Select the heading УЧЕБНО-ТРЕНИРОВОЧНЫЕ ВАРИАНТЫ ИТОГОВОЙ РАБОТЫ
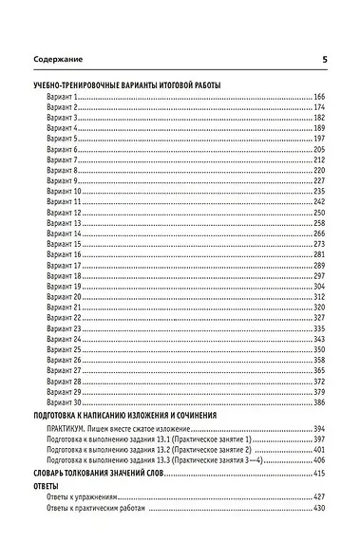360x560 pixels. coord(126,86)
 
